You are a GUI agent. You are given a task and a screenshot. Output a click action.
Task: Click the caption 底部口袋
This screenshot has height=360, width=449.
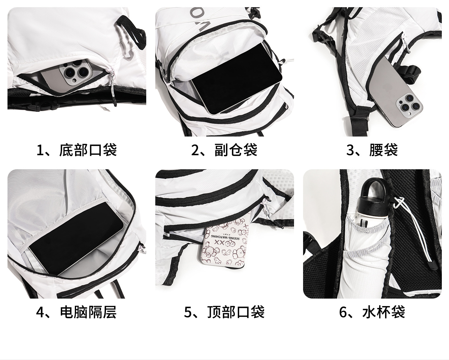[x=88, y=150]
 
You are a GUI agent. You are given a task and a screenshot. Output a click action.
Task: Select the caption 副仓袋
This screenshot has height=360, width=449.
[x=236, y=150]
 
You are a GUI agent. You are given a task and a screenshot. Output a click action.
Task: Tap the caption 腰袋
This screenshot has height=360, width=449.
[x=384, y=150]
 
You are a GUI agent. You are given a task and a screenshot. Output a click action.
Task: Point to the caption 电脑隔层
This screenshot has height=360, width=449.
[x=88, y=312]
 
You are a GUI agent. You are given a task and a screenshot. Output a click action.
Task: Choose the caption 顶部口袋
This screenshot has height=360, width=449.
[x=236, y=312]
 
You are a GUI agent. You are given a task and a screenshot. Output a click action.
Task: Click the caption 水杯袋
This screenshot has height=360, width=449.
[x=384, y=312]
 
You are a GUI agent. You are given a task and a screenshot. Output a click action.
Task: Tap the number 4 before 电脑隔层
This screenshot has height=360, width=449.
[x=40, y=313]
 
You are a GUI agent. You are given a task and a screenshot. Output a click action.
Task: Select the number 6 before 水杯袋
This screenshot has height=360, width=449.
[x=343, y=313]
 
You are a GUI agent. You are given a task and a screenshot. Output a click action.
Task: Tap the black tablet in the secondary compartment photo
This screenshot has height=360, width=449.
[x=236, y=81]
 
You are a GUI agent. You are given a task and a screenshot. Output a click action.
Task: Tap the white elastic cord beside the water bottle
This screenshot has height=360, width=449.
[x=413, y=229]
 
